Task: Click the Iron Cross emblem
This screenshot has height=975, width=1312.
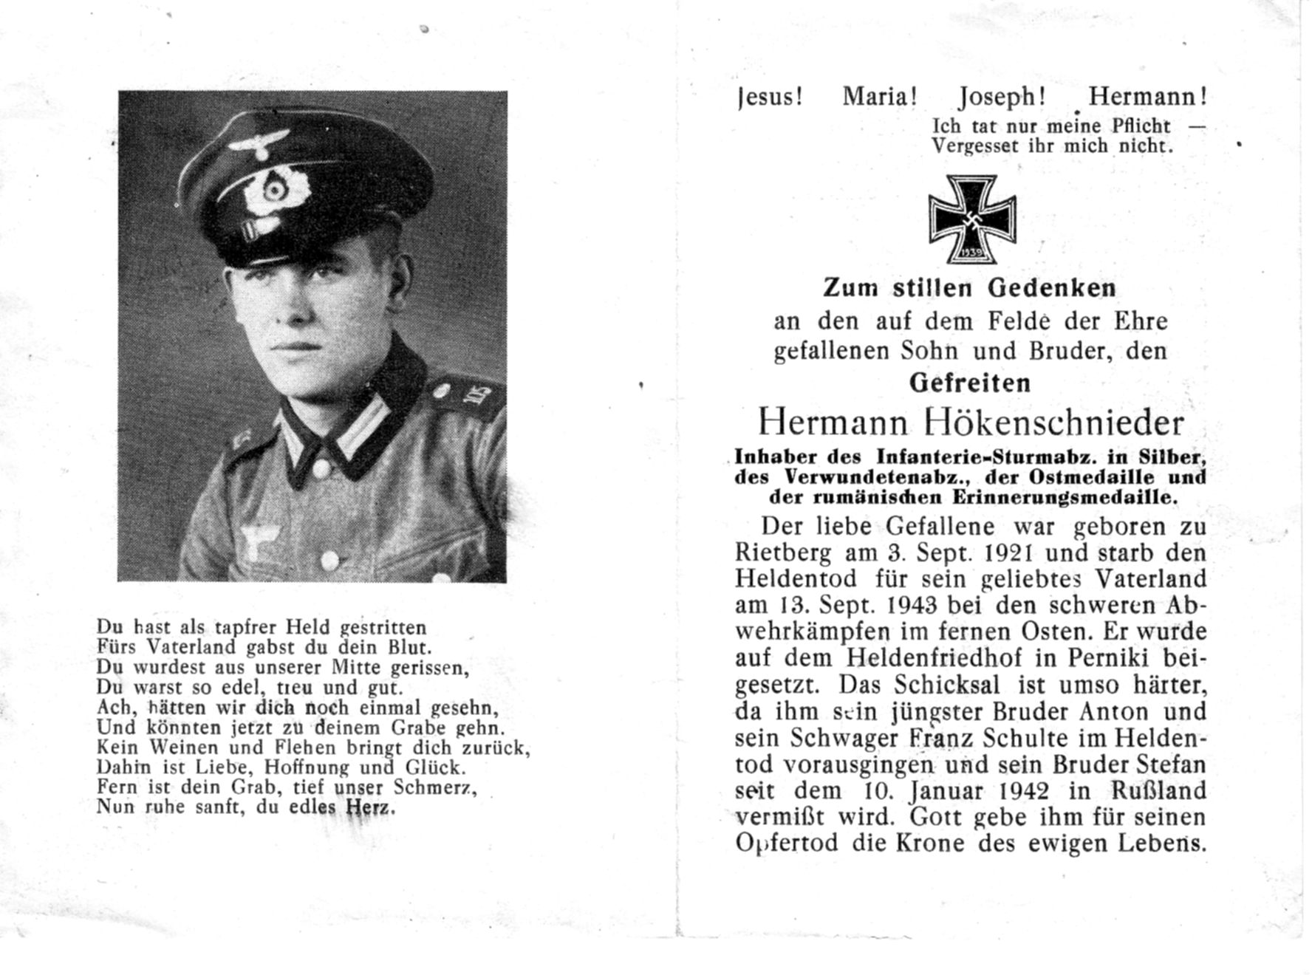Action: click(x=971, y=219)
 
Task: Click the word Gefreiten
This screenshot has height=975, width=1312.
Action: click(x=969, y=383)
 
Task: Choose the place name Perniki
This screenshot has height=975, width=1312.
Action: click(x=1090, y=658)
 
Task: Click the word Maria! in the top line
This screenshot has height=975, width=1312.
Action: click(x=880, y=96)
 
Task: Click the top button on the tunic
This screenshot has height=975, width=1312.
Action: click(x=322, y=468)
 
